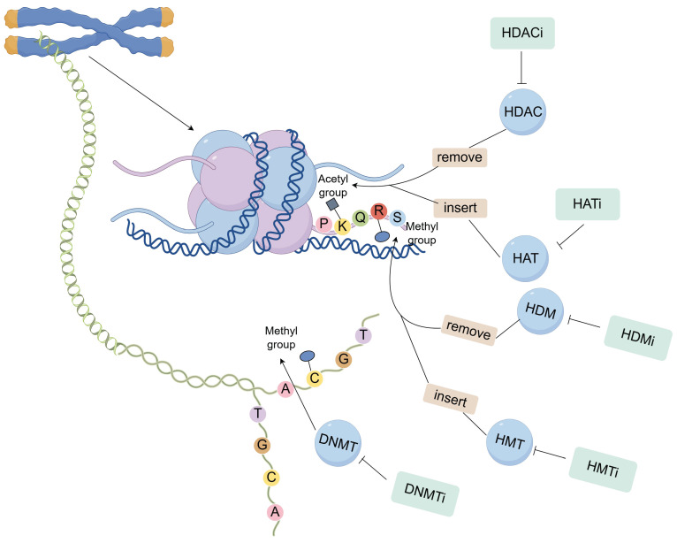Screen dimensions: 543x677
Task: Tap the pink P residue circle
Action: click(x=325, y=226)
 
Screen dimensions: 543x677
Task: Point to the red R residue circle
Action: click(x=378, y=210)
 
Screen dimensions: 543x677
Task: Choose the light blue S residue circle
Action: click(x=397, y=217)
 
